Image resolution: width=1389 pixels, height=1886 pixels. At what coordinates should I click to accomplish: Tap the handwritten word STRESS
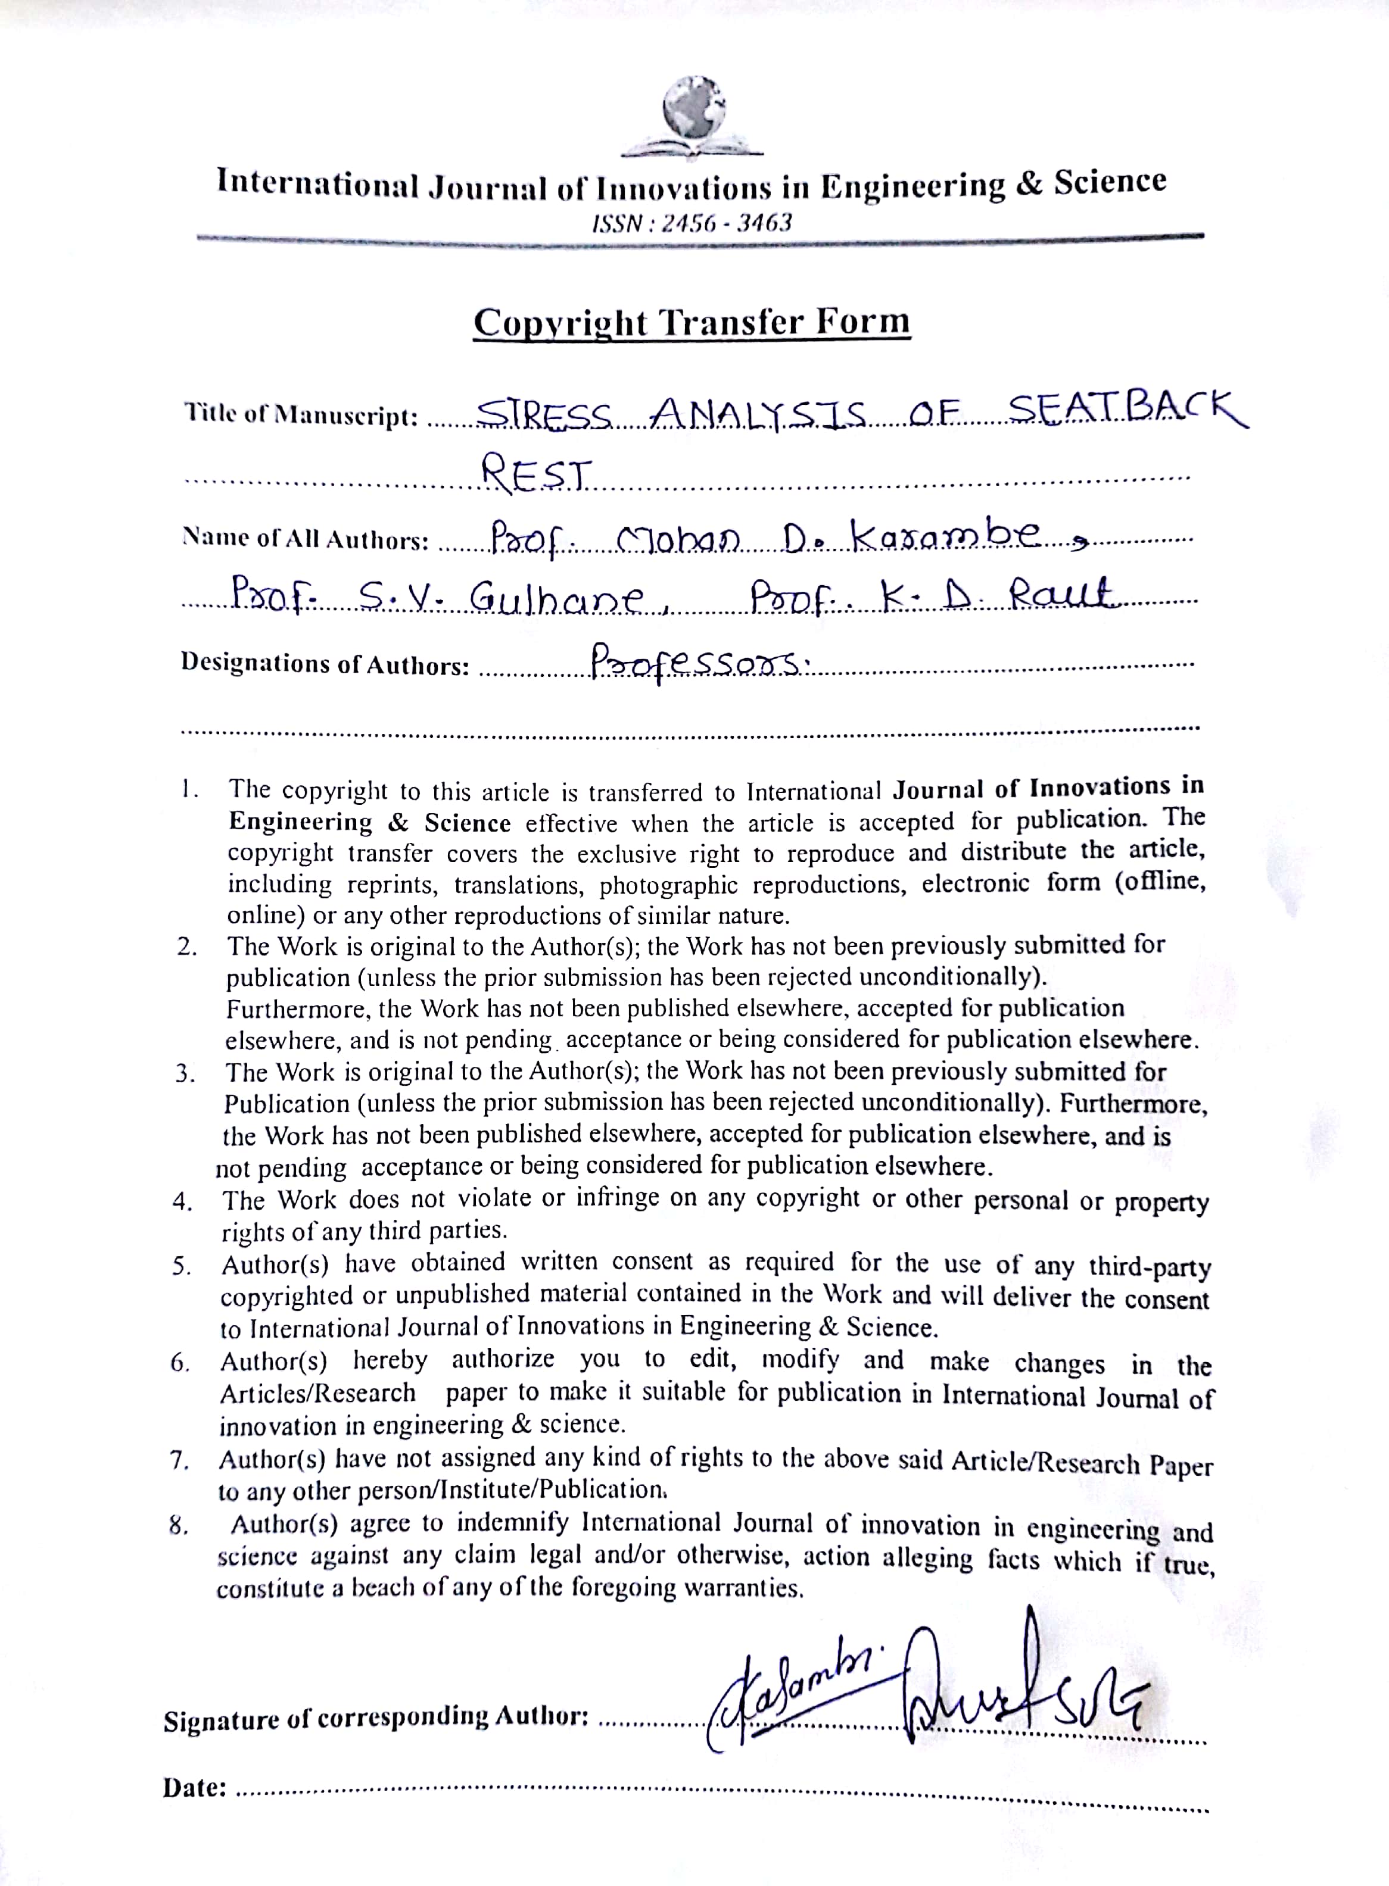[x=545, y=413]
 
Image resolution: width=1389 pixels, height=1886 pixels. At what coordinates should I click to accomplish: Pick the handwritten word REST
[x=537, y=475]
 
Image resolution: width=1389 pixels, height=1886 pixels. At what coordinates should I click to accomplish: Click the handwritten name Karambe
[x=950, y=536]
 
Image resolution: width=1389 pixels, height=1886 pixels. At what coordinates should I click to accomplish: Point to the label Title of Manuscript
[x=301, y=414]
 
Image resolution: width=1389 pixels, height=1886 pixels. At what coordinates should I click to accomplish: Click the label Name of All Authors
[x=305, y=539]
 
